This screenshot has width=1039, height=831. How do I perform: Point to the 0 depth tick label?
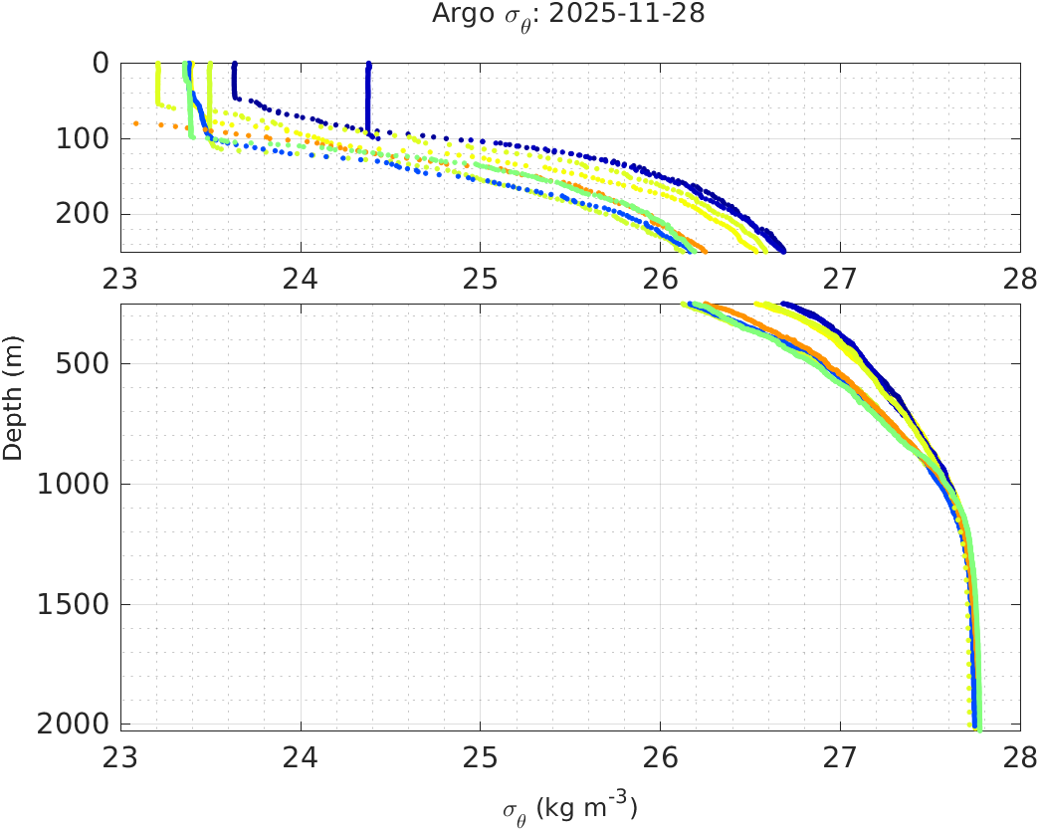[x=100, y=63]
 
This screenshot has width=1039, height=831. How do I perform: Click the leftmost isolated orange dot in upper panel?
[x=135, y=123]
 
